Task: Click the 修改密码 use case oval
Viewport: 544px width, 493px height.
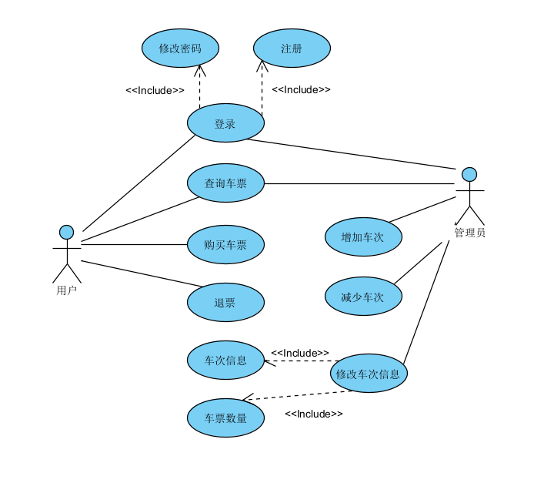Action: [180, 49]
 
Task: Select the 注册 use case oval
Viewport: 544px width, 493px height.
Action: [292, 49]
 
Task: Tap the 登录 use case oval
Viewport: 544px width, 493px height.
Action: [225, 123]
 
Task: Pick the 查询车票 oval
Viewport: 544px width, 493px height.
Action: [225, 183]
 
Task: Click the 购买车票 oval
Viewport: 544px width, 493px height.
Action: [225, 245]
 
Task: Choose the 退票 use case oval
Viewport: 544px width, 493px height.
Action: [225, 302]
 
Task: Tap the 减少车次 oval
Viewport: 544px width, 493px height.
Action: [362, 296]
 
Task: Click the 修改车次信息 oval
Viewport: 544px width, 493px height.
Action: [369, 374]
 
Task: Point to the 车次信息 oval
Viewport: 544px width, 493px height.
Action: [225, 360]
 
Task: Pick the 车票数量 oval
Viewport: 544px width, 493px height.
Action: [225, 418]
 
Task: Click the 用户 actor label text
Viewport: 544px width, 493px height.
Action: [66, 290]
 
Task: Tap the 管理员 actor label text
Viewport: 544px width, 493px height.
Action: [469, 232]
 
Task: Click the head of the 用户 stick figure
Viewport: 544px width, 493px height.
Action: [67, 231]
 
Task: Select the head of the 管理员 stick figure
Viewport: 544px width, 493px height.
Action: [469, 174]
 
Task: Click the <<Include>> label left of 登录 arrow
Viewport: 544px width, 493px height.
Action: [155, 90]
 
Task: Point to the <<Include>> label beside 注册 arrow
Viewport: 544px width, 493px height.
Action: [301, 89]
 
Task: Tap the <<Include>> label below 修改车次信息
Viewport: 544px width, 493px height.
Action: [313, 414]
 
